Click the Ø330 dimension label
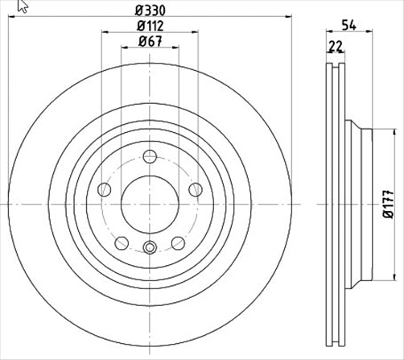point(149,10)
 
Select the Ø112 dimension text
point(149,26)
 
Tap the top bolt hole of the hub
point(150,158)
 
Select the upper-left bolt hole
point(104,190)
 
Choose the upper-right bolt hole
point(196,189)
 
